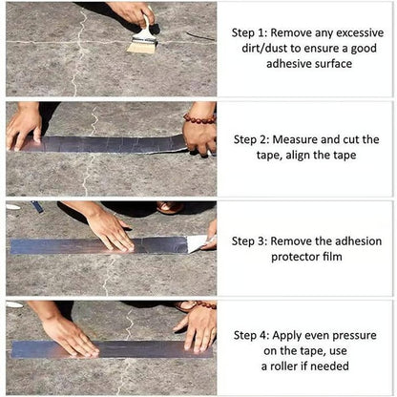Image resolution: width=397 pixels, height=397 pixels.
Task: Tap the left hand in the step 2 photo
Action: click(x=24, y=124)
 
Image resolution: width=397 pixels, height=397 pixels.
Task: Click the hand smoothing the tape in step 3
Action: click(x=110, y=229)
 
